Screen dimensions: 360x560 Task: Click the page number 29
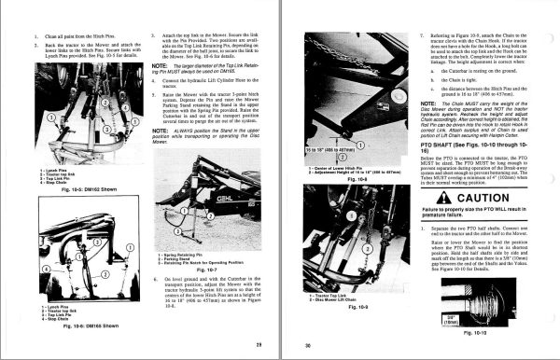tap(257, 346)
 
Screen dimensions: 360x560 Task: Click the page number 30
tap(303, 346)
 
